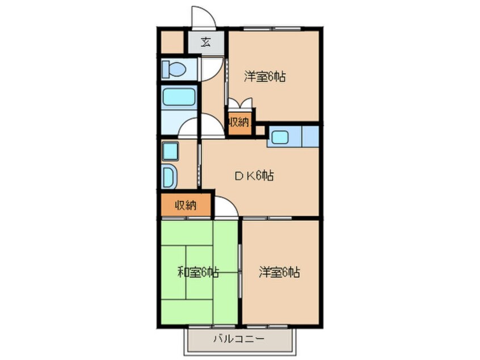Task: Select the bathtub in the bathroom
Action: point(179,97)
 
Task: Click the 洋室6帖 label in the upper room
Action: point(264,77)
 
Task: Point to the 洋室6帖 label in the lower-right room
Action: point(280,273)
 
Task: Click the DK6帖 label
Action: point(254,176)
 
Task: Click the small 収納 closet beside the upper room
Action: point(239,122)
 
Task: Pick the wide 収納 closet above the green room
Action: point(186,205)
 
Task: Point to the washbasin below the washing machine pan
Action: point(170,176)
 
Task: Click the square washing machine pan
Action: point(170,152)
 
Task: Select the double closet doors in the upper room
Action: point(240,104)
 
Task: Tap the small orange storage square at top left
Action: point(171,41)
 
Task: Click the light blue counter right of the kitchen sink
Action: point(310,137)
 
